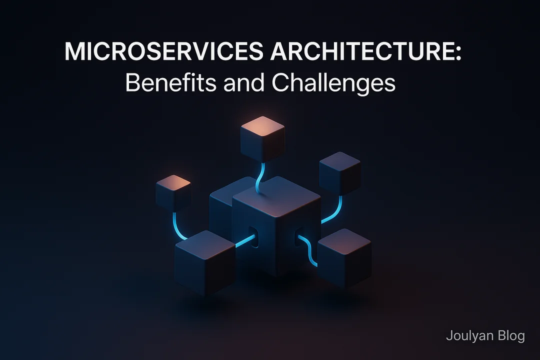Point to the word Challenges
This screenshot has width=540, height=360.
(x=333, y=83)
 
